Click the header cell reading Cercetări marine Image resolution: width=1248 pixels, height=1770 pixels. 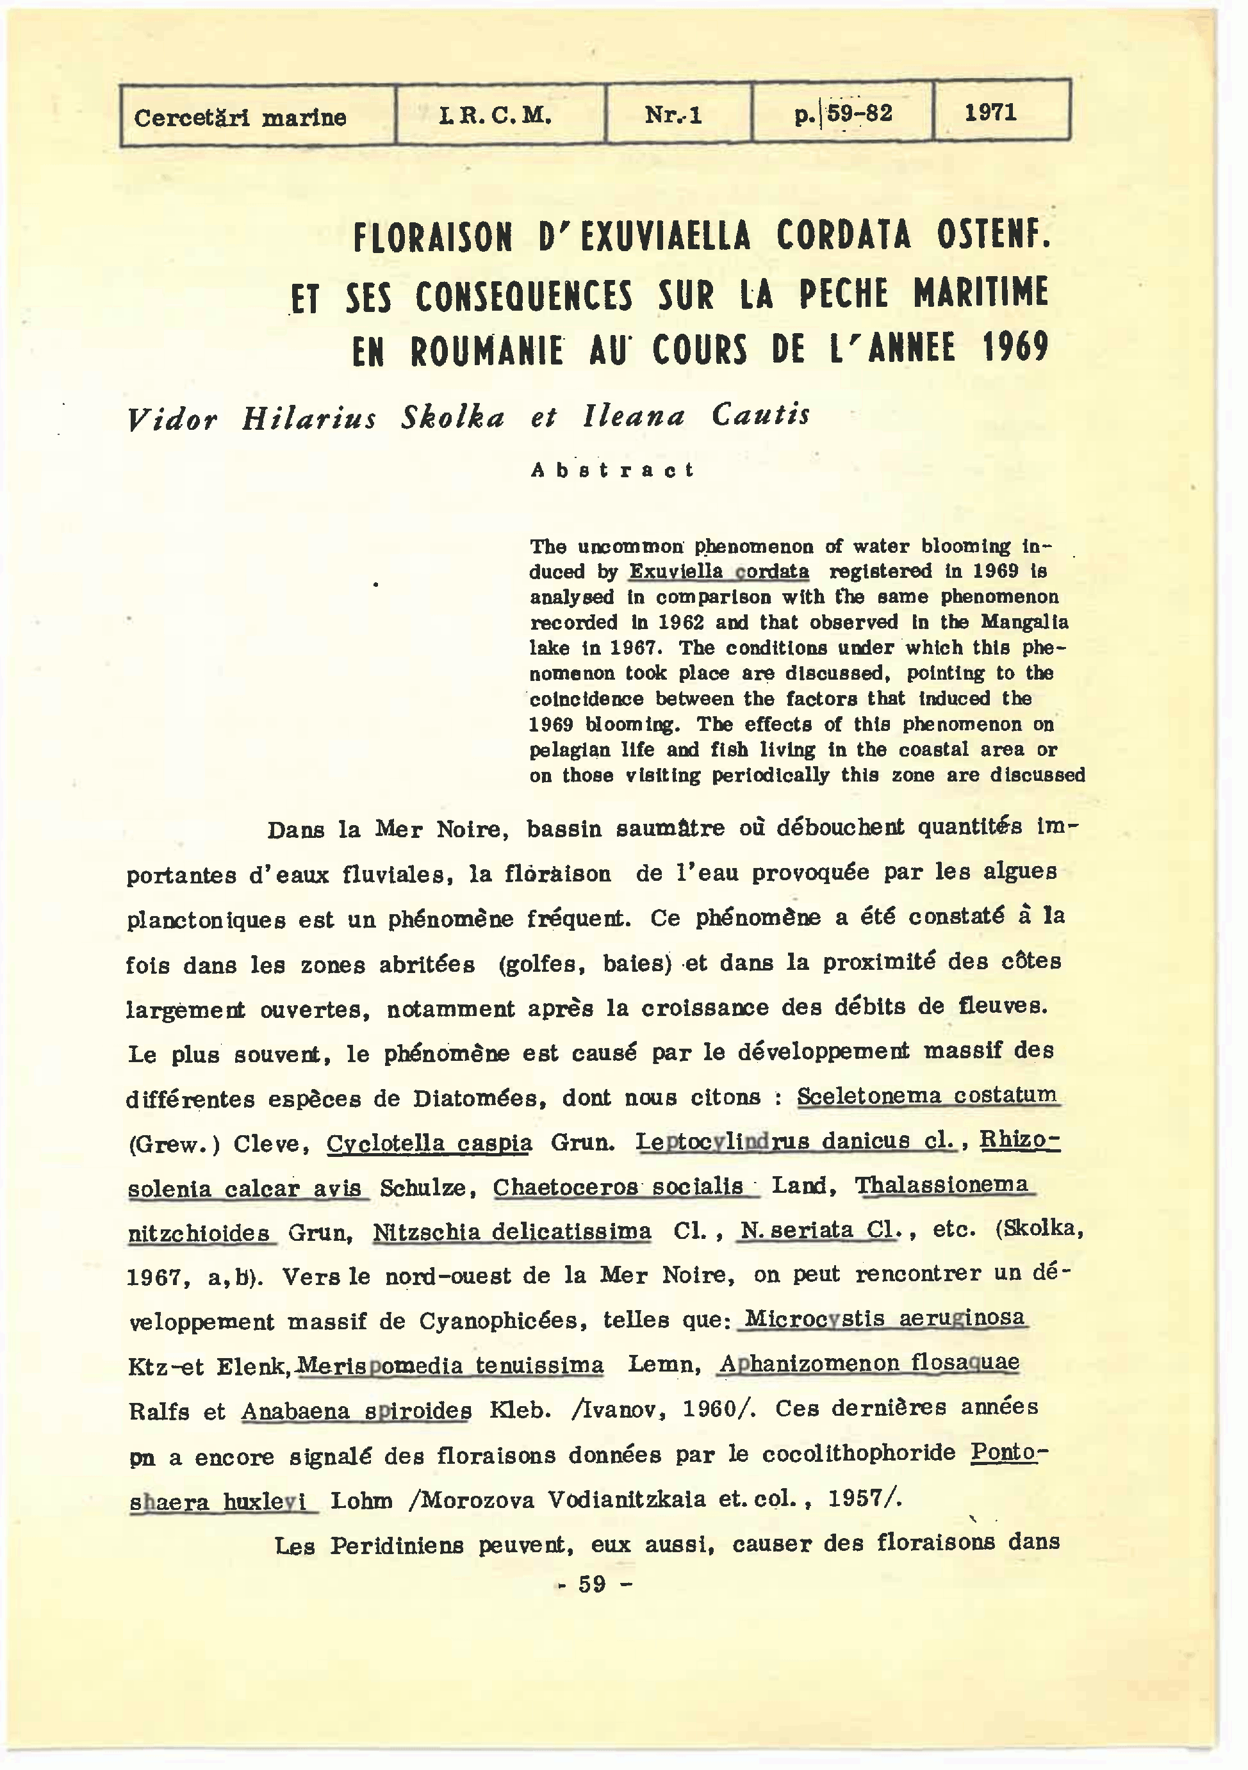(240, 118)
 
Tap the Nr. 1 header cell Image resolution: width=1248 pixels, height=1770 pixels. (673, 115)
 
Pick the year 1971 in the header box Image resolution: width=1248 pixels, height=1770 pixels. (990, 113)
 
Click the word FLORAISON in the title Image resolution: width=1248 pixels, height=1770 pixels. (432, 238)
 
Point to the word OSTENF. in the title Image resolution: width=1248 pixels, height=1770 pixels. (994, 234)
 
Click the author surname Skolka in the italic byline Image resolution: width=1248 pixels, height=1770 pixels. (452, 417)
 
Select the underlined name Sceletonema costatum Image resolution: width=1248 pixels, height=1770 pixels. (926, 1095)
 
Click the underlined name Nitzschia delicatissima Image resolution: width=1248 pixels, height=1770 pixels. (513, 1232)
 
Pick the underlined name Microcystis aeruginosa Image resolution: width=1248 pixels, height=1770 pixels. (884, 1318)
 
